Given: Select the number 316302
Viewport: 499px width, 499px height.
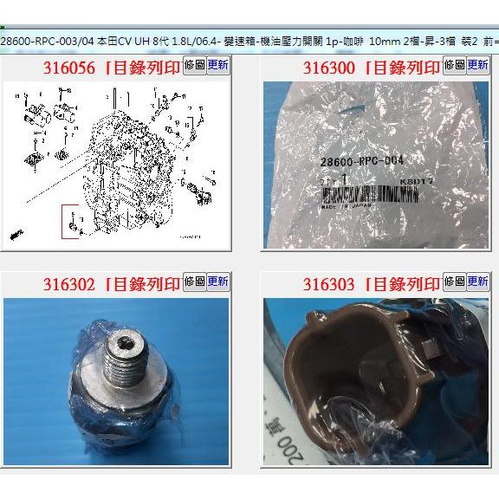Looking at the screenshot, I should [x=71, y=283].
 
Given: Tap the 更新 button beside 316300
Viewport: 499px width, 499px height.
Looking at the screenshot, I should [x=478, y=65].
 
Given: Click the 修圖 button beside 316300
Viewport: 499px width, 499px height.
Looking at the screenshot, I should [x=454, y=65].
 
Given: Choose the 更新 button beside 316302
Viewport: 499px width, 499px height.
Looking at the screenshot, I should [x=218, y=282].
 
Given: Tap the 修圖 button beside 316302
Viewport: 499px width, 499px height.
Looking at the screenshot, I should [x=195, y=282].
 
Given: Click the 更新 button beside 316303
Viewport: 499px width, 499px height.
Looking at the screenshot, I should [x=478, y=282].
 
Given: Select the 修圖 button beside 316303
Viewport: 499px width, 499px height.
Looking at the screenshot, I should [x=454, y=282].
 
